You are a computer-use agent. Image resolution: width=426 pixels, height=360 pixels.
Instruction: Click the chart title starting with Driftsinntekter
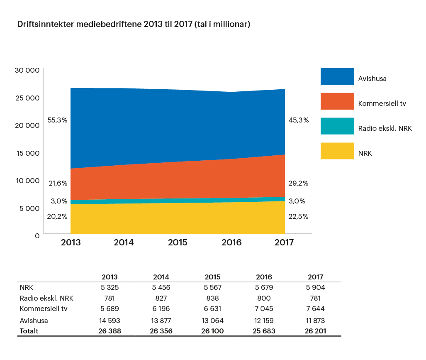tap(134, 24)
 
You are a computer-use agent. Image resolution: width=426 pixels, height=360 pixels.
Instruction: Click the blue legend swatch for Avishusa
tap(337, 76)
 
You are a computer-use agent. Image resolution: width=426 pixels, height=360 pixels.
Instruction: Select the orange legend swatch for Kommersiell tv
tap(337, 101)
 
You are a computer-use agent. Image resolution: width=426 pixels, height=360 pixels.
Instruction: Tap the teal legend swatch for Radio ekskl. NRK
tap(337, 126)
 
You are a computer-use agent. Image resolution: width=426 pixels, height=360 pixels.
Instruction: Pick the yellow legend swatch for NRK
tap(337, 151)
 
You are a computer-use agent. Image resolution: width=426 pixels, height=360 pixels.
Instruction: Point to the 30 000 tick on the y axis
tap(27, 70)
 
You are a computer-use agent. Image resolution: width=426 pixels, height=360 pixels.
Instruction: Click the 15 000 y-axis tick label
tap(28, 153)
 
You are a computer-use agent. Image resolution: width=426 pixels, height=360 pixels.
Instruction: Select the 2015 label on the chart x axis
tap(178, 242)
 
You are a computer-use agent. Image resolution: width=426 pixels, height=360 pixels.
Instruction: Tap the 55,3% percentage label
tap(57, 120)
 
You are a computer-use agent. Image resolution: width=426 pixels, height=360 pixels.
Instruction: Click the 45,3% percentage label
tap(299, 120)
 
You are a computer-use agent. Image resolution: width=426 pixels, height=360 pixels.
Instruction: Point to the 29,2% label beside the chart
tap(298, 183)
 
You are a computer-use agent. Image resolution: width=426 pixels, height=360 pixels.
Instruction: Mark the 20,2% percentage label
tap(57, 216)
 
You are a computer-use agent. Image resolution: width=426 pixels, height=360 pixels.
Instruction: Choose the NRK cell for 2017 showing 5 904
tap(315, 287)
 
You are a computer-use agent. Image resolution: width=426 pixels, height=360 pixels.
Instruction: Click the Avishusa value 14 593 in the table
tap(110, 321)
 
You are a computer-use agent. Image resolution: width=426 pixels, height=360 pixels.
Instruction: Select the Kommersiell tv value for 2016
tap(264, 309)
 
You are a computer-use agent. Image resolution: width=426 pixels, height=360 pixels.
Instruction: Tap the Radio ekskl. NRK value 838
tap(212, 298)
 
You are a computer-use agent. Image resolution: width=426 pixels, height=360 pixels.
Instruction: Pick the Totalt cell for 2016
tap(264, 331)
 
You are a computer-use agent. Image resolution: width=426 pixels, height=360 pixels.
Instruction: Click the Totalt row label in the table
tap(29, 331)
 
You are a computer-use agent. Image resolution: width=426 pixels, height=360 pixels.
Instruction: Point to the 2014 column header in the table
tap(161, 277)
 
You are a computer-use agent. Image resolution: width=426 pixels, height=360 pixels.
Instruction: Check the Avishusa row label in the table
tap(34, 321)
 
